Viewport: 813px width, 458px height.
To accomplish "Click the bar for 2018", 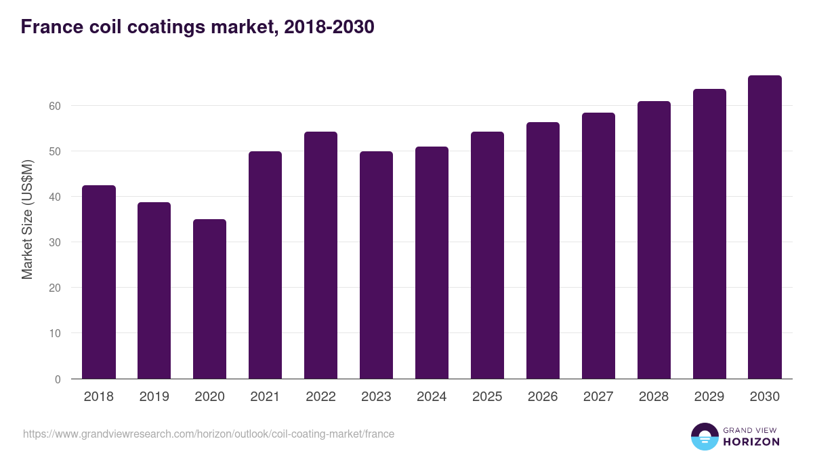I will coord(99,282).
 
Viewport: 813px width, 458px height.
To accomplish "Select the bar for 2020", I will coord(210,299).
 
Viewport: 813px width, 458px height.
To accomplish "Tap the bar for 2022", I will coord(320,255).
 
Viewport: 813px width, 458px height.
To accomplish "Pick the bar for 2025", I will coord(487,255).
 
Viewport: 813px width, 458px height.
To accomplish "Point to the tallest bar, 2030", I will coord(765,227).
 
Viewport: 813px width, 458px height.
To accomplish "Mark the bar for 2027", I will coord(598,246).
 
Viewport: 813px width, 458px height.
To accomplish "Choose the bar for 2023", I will coord(376,265).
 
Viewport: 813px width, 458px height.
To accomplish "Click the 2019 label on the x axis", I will coord(154,397).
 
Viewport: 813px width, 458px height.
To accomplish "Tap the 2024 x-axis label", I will coord(432,397).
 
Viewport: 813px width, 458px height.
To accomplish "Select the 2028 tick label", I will coord(654,397).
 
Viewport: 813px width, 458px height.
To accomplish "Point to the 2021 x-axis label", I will coord(265,397).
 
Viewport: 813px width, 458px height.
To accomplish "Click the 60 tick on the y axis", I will coord(54,106).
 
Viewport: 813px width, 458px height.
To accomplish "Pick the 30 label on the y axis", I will coord(54,242).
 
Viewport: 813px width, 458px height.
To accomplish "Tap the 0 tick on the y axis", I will coord(58,379).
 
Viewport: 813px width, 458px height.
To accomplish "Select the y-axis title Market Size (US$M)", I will coord(27,218).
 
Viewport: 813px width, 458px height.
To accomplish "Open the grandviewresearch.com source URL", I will coord(209,434).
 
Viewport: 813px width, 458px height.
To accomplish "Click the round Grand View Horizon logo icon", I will coord(704,436).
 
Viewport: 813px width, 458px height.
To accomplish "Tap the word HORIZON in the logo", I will coord(751,442).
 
